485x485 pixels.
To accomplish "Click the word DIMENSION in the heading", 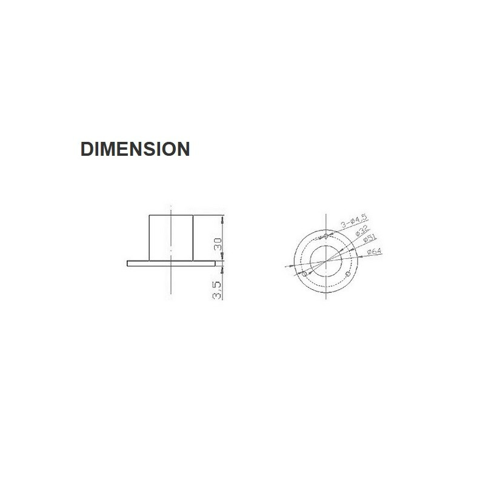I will coord(135,149).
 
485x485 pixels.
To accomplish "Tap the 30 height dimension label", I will coord(218,244).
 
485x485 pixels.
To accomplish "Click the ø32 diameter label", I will coord(361,231).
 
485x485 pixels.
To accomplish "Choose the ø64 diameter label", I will coord(373,250).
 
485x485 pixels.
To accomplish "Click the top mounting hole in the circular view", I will coord(326,235).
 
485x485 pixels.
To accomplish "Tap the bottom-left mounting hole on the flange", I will coord(304,274).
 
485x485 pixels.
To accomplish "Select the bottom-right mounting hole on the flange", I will coord(348,276).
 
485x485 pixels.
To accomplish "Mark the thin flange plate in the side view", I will coord(172,264).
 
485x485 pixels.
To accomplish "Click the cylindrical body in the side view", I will coord(172,238).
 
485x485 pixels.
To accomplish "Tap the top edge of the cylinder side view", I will coord(172,215).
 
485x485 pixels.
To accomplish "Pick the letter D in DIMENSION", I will coord(87,149).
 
